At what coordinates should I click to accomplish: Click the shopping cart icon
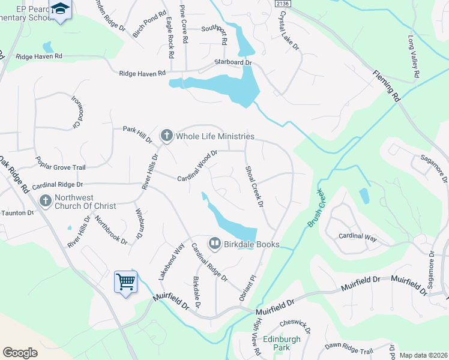125,281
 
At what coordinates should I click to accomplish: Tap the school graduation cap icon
60,9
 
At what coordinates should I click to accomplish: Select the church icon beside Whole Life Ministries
166,136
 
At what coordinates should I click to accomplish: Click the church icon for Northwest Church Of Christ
46,201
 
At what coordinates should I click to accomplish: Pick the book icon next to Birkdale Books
214,244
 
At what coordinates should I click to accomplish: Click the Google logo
20,353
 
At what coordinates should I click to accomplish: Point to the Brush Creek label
316,208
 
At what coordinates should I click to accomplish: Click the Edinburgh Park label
281,343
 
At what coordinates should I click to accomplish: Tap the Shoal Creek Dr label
254,187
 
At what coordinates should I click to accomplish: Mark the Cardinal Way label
358,237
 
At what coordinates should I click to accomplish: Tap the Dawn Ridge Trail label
349,346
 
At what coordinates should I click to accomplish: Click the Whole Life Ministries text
215,137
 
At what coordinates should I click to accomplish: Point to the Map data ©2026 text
423,355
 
